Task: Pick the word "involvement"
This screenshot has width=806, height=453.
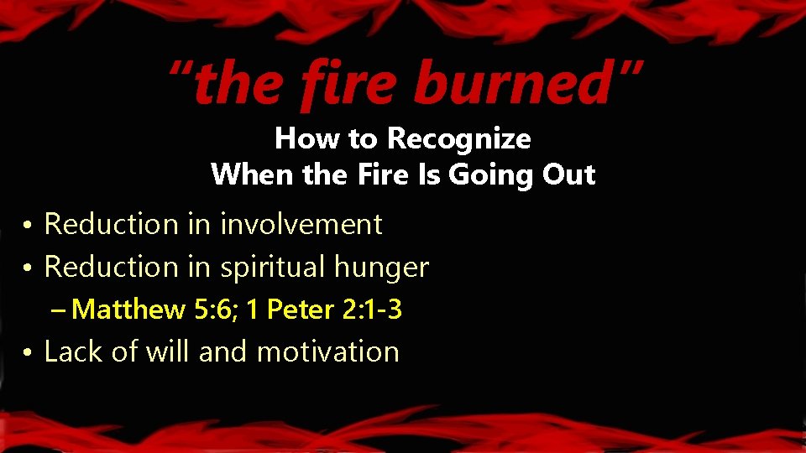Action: coord(301,224)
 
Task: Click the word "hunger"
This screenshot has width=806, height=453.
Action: coord(381,268)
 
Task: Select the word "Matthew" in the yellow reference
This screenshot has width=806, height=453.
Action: coord(129,310)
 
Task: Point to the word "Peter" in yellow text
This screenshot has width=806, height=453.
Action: coord(301,310)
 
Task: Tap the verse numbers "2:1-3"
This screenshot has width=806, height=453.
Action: coord(372,310)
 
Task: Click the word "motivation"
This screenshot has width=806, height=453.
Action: coord(327,351)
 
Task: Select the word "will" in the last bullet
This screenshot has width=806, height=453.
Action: coord(168,351)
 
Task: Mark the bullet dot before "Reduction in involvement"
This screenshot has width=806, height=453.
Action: coord(28,226)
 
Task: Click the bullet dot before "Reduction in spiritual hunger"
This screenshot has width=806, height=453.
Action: coord(28,268)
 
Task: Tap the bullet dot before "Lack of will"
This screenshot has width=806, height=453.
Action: coord(28,352)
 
